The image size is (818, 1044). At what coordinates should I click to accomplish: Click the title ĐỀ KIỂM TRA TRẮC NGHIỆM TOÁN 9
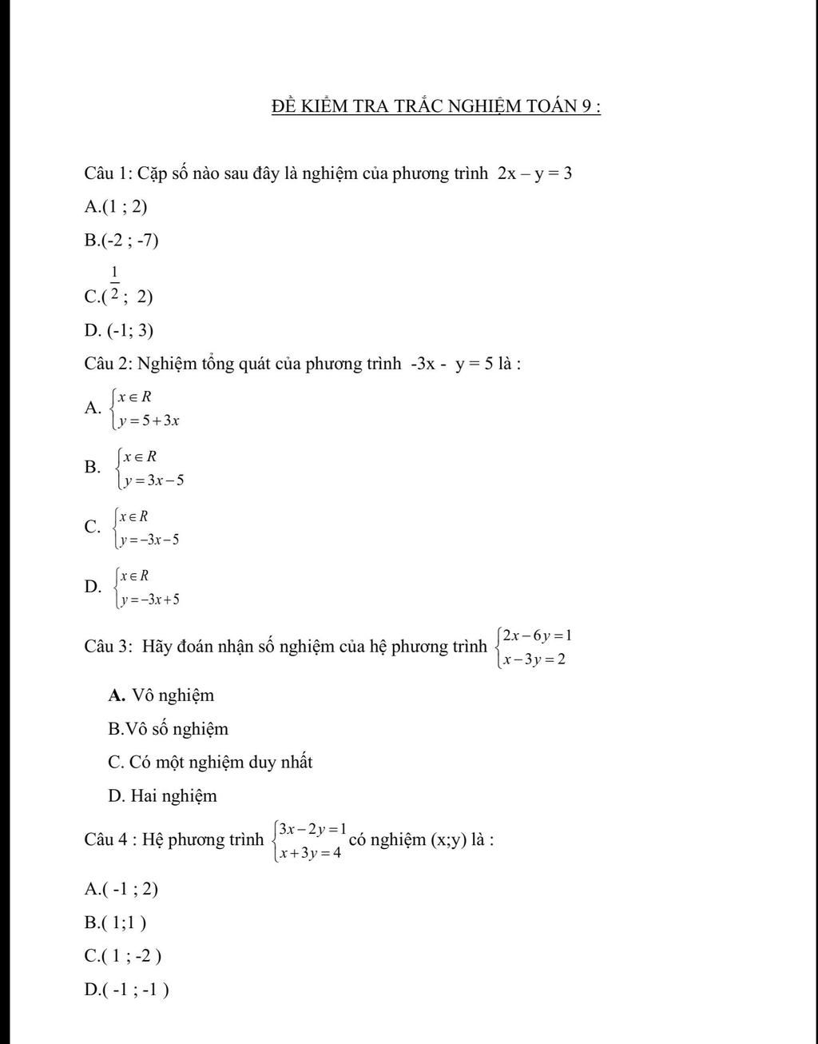435,106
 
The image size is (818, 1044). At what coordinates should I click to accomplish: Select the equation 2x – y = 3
534,173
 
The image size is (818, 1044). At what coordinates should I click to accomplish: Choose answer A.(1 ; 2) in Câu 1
116,207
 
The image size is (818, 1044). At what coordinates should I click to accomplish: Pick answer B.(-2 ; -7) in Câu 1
121,241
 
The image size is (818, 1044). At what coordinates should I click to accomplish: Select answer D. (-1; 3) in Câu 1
119,330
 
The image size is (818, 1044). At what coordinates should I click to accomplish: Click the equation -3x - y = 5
451,365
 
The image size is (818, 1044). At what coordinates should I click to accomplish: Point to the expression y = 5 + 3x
149,420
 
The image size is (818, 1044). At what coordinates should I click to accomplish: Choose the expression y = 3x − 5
153,480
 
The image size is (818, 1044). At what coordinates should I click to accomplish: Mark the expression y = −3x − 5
149,540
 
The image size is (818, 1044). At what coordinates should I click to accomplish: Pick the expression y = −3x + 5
149,600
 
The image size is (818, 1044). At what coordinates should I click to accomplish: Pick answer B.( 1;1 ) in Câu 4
116,922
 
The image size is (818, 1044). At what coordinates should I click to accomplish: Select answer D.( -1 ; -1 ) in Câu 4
127,990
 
